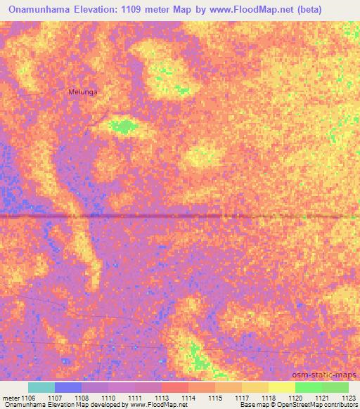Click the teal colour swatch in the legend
click(x=41, y=387)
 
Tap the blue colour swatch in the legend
click(x=68, y=387)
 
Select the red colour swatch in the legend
click(x=175, y=387)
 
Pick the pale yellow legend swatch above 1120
click(x=282, y=387)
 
